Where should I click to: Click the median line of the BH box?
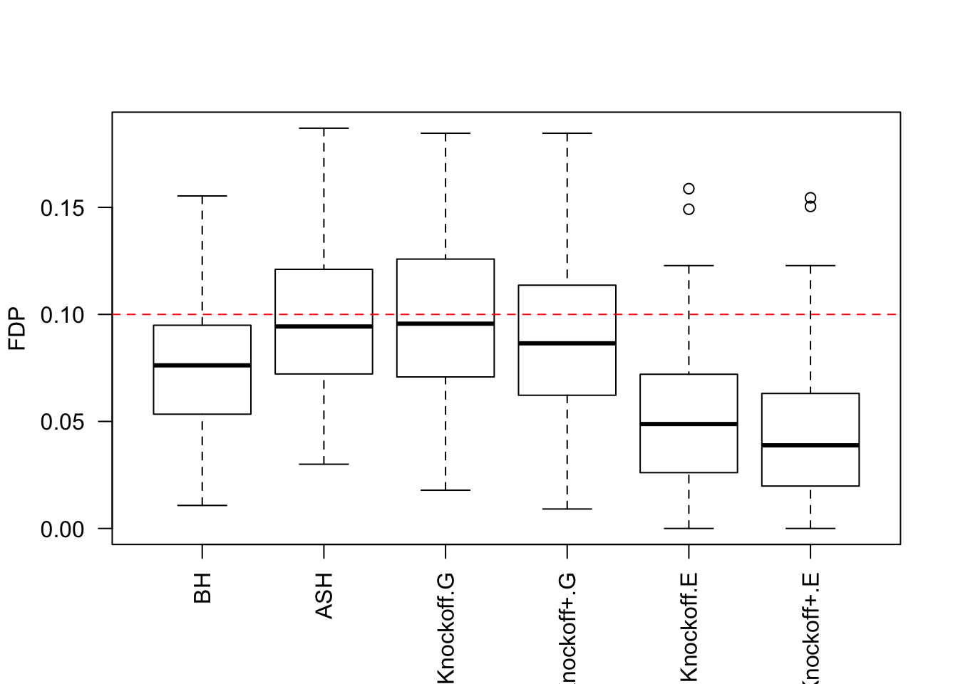(x=202, y=366)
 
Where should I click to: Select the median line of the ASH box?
(x=324, y=326)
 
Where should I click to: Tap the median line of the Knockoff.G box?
(x=445, y=323)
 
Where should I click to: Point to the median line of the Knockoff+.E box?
(x=810, y=445)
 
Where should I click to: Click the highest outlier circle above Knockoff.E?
(x=689, y=189)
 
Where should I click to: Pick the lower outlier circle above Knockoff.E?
(x=689, y=209)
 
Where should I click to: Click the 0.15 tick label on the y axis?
(x=62, y=208)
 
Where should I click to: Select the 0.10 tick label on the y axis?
(x=62, y=315)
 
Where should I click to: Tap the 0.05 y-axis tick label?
(x=62, y=422)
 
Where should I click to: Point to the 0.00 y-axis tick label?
(x=62, y=529)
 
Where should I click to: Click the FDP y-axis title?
(x=17, y=329)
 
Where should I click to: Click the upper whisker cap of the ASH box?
(x=324, y=128)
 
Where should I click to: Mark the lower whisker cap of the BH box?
(x=202, y=505)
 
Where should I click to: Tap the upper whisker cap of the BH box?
(x=202, y=196)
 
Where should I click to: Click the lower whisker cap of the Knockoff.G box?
(x=445, y=490)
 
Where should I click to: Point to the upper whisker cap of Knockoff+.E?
(x=810, y=266)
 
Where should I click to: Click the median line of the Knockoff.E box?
(x=689, y=424)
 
